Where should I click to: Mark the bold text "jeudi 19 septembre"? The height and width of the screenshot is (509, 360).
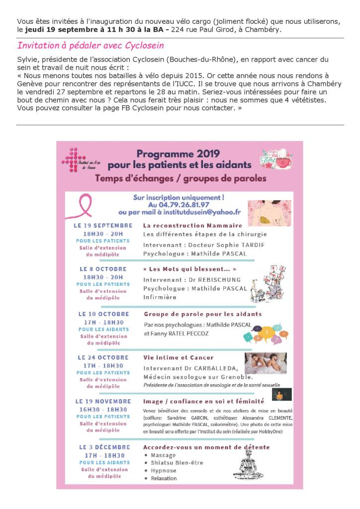point(55,30)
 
